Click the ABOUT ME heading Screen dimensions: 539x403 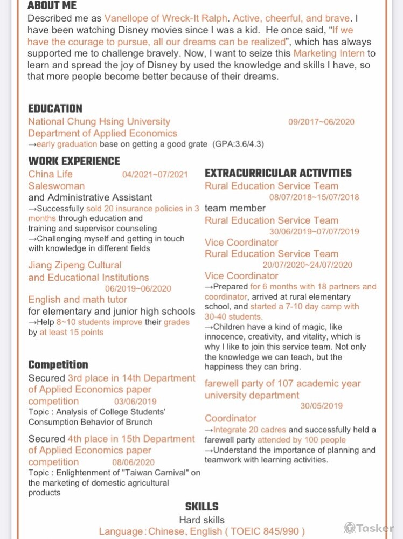[x=52, y=6]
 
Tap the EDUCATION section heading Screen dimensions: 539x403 [x=55, y=108]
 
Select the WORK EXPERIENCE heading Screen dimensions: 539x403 [x=74, y=161]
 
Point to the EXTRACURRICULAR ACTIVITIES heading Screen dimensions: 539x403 [x=278, y=173]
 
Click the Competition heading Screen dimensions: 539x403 [x=58, y=365]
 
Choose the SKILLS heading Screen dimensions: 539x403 [x=202, y=507]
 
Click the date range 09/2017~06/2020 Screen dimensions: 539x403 [x=321, y=122]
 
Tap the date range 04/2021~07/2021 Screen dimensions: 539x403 [x=155, y=175]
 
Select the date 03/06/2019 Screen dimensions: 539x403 [x=135, y=402]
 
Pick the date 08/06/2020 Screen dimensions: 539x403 [x=133, y=462]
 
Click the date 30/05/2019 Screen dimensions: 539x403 [x=321, y=406]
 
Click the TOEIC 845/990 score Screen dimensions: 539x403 [x=268, y=531]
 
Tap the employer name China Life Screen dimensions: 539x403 [x=50, y=174]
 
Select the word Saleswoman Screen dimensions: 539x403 [x=55, y=186]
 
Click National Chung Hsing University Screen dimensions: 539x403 [x=99, y=122]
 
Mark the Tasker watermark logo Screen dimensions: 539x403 [x=369, y=528]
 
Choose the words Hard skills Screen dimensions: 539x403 [x=202, y=520]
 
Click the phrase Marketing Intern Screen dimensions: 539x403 [x=329, y=53]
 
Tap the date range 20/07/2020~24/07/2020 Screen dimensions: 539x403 [x=307, y=265]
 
